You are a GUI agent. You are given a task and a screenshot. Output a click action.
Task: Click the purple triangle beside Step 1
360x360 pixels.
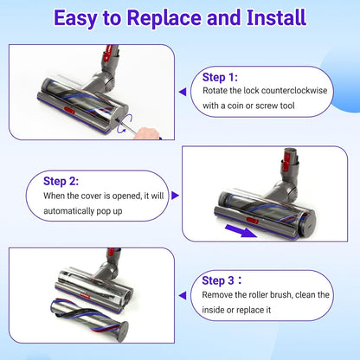click(x=182, y=90)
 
